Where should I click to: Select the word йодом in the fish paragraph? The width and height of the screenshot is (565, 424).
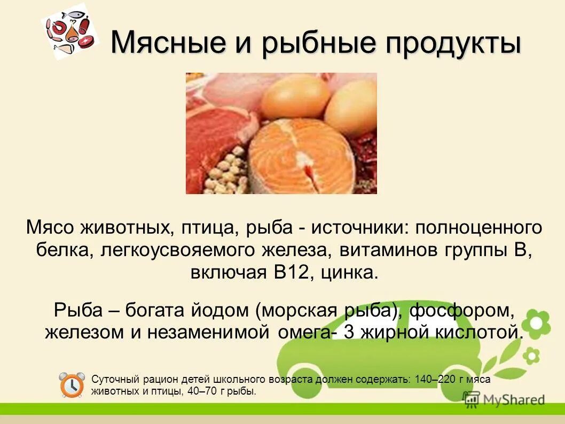(224, 310)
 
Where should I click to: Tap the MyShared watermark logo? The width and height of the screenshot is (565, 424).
(504, 399)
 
